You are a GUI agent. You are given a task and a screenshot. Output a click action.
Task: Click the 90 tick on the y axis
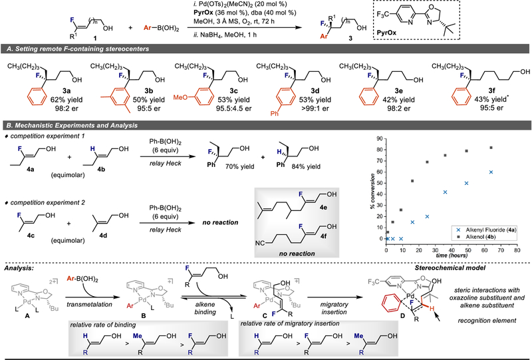(380, 138)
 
